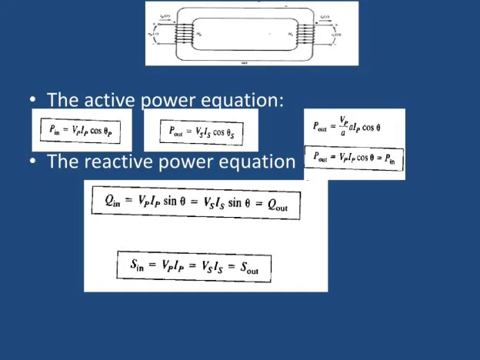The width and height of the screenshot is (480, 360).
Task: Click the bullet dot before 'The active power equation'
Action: pyautogui.click(x=35, y=101)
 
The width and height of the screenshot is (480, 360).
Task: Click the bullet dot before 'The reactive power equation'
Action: pyautogui.click(x=35, y=162)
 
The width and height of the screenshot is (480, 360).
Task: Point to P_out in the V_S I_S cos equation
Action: pyautogui.click(x=179, y=131)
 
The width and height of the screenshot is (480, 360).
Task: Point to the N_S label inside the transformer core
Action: pyautogui.click(x=292, y=35)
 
